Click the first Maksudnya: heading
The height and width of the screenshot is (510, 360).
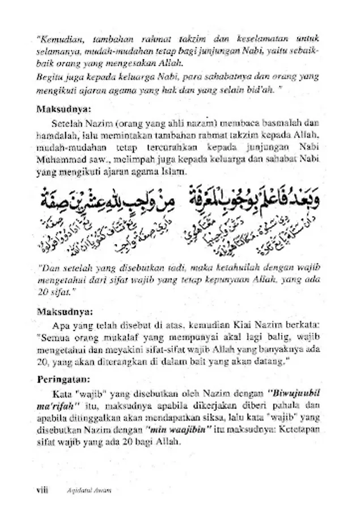(62, 109)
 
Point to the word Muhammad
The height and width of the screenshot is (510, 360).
(62, 160)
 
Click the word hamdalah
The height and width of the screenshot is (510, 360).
(58, 135)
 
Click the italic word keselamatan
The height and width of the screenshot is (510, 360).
(266, 39)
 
